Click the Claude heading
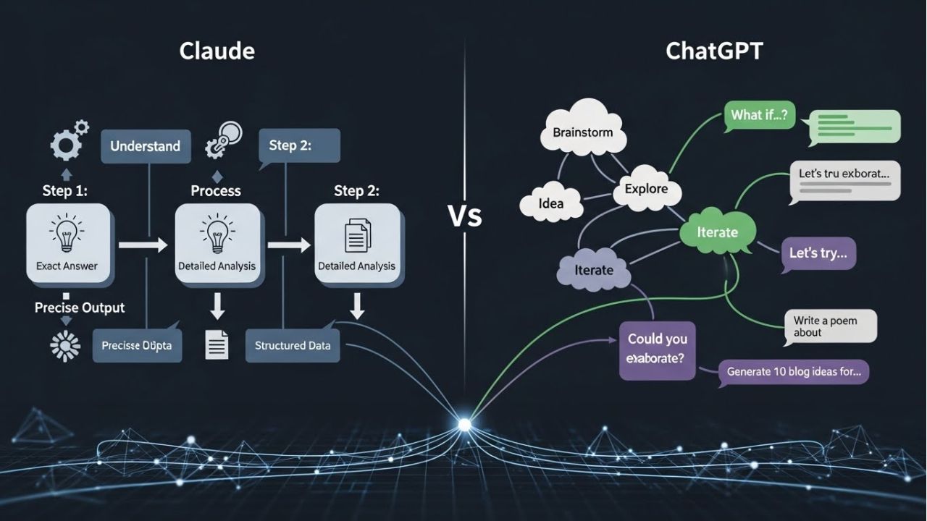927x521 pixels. point(217,51)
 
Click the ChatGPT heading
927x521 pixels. point(713,51)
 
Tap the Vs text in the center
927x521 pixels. point(464,216)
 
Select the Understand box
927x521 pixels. point(146,146)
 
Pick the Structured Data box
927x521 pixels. point(293,345)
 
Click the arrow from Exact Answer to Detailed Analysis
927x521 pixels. point(143,246)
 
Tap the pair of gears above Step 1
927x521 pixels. point(68,141)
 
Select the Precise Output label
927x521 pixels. point(80,308)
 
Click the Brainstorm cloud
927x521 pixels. point(582,132)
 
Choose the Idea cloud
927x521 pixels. point(551,203)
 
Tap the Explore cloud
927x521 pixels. point(646,189)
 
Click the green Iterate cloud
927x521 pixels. point(717,232)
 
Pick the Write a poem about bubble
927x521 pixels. point(830,326)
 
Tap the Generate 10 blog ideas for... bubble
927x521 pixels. point(793,373)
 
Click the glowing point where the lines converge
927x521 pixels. point(464,424)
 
